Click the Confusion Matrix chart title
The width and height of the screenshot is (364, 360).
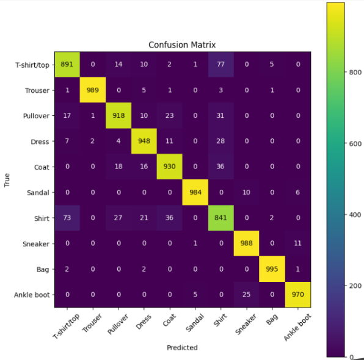pos(181,45)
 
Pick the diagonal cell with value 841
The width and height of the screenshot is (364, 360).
pos(222,218)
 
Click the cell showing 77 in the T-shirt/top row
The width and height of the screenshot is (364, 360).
pos(222,65)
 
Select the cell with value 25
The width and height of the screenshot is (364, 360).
pos(247,295)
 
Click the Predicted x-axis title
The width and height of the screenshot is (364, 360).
pos(181,347)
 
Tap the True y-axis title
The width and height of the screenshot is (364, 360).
pos(8,180)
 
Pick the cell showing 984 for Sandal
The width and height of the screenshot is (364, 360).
pos(195,193)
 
